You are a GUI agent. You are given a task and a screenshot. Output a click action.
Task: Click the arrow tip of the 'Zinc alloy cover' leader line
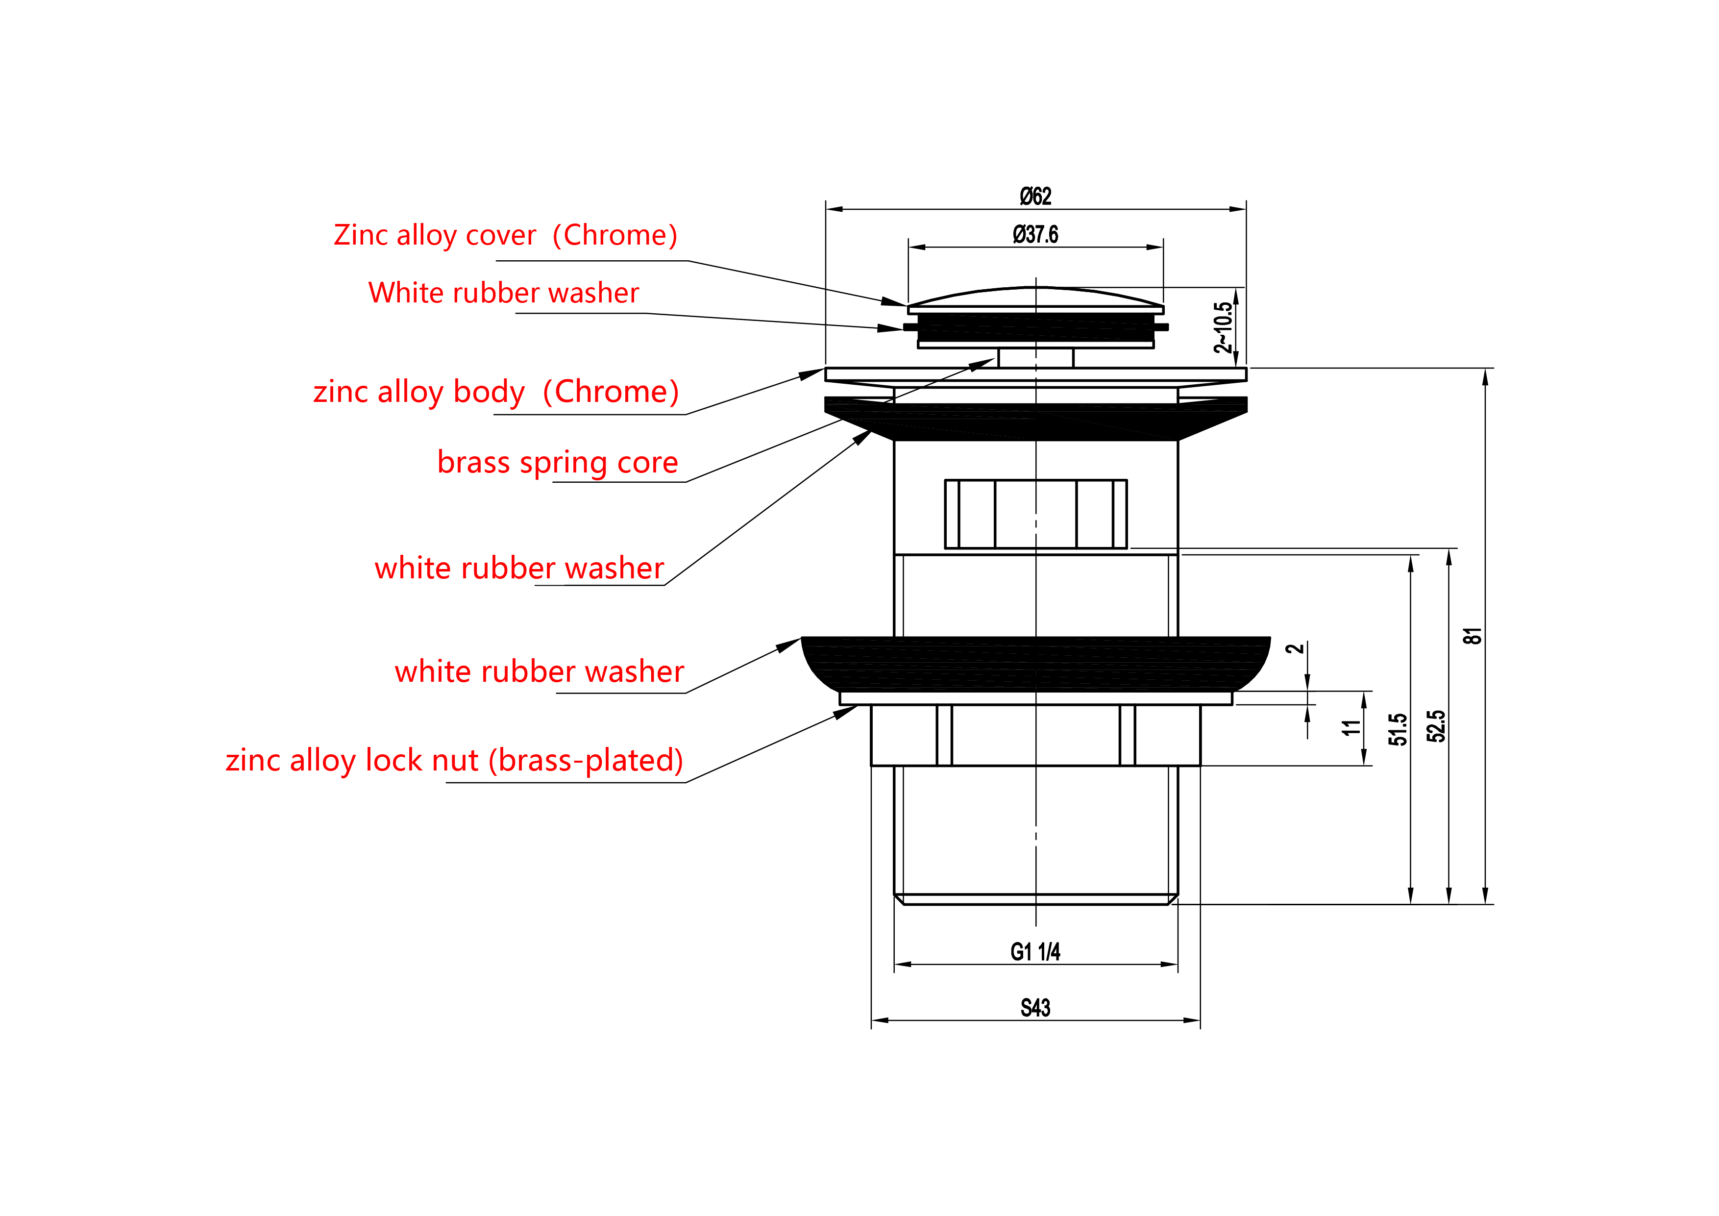click(908, 305)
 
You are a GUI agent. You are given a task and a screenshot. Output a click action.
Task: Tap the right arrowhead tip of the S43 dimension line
click(1200, 1020)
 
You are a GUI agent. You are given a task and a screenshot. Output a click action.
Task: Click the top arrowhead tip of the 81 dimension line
click(1485, 369)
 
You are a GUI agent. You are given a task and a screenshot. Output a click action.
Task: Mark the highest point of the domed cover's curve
click(1036, 287)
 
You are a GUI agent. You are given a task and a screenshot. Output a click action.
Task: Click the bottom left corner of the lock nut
click(871, 765)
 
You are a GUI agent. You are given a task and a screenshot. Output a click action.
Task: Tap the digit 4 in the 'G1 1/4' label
click(1055, 952)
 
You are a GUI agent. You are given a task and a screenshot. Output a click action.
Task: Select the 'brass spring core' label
click(558, 463)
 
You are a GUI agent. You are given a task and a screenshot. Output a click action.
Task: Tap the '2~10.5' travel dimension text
click(1223, 327)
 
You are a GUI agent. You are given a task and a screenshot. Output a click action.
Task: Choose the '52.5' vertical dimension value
click(1436, 725)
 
